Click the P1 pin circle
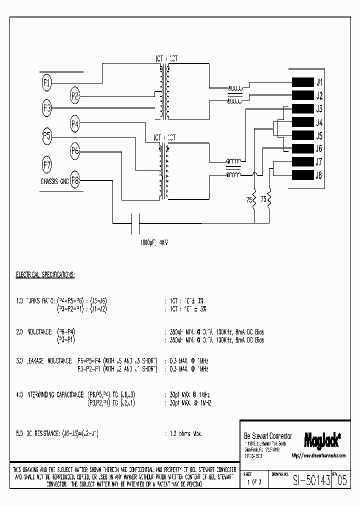tap(46, 83)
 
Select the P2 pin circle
tap(75, 95)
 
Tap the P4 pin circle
tap(75, 123)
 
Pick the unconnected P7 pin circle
tap(46, 164)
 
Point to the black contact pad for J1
tap(301, 83)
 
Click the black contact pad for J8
tap(301, 175)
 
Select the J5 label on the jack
tap(319, 135)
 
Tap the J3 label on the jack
tap(319, 109)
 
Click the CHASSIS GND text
tap(54, 181)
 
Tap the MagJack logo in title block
tap(322, 438)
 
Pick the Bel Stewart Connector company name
tap(267, 436)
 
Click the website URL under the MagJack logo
tap(321, 456)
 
